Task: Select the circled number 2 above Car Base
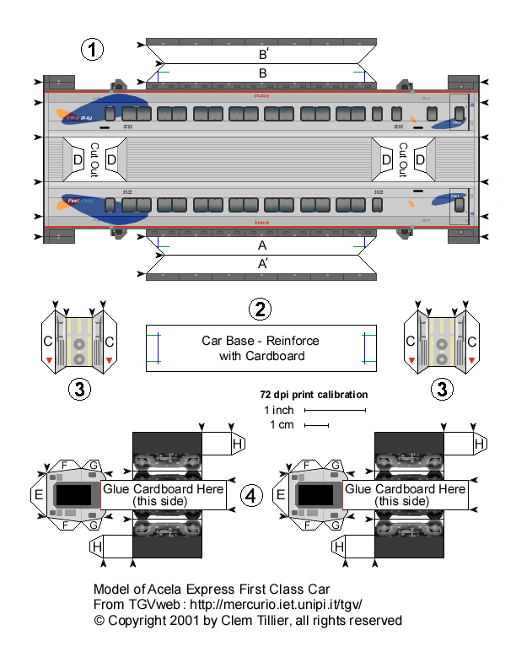[x=261, y=310]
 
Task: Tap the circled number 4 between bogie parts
[x=250, y=496]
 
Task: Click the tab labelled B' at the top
[x=263, y=52]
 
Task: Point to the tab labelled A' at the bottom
[x=262, y=263]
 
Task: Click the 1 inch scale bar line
[x=335, y=411]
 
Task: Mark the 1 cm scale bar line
[x=316, y=426]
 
